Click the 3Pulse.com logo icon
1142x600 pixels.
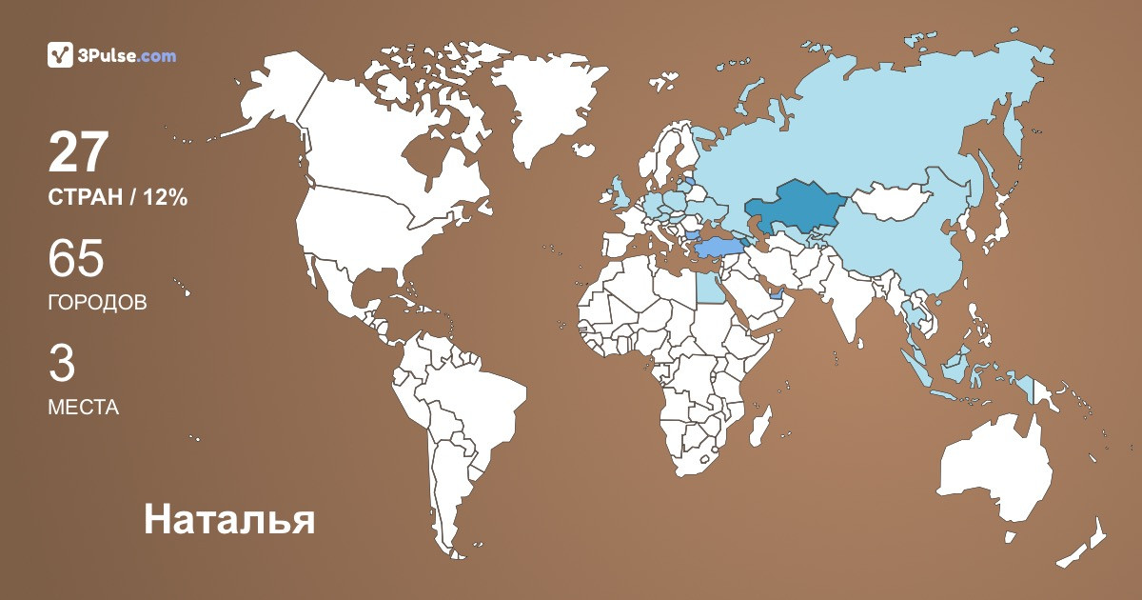pos(60,55)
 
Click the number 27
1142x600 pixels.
pos(80,152)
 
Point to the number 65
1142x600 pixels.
pos(76,259)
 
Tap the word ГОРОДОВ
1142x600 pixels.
pos(97,303)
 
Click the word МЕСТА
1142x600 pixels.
pos(83,408)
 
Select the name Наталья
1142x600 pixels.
pos(228,520)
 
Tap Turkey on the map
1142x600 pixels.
pos(714,249)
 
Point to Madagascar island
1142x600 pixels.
pos(759,426)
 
